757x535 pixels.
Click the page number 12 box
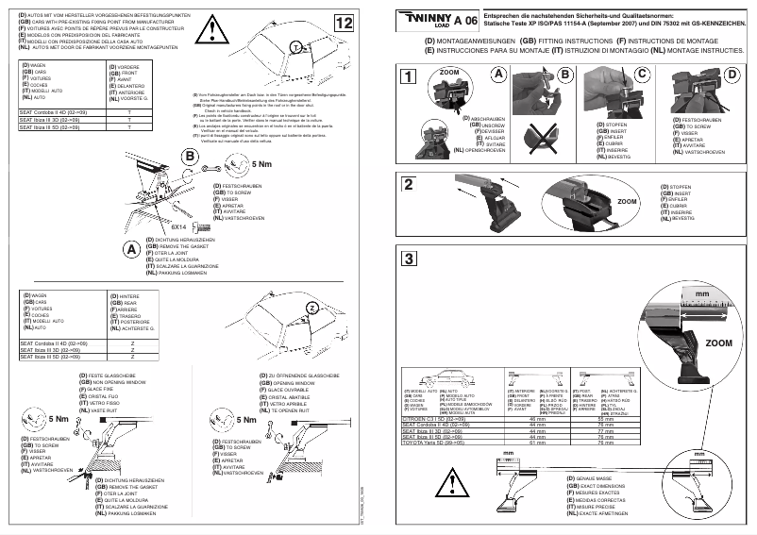coord(345,22)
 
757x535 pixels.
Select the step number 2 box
coord(408,183)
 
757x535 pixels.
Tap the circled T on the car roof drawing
coord(295,47)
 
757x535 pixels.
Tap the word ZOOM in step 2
coord(627,202)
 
